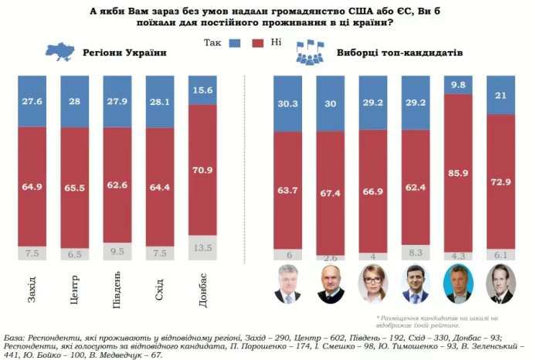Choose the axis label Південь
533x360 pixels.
pyautogui.click(x=118, y=290)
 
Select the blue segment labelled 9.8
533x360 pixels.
pyautogui.click(x=459, y=85)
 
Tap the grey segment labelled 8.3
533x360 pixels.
pyautogui.click(x=416, y=250)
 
